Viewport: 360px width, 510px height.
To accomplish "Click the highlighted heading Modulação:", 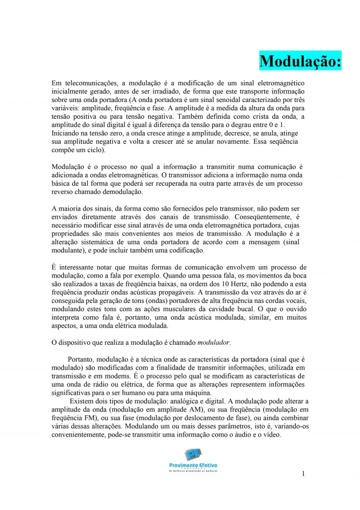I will pyautogui.click(x=300, y=62).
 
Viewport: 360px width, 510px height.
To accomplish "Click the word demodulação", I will pyautogui.click(x=122, y=192).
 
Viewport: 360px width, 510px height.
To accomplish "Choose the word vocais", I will pyautogui.click(x=294, y=300).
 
